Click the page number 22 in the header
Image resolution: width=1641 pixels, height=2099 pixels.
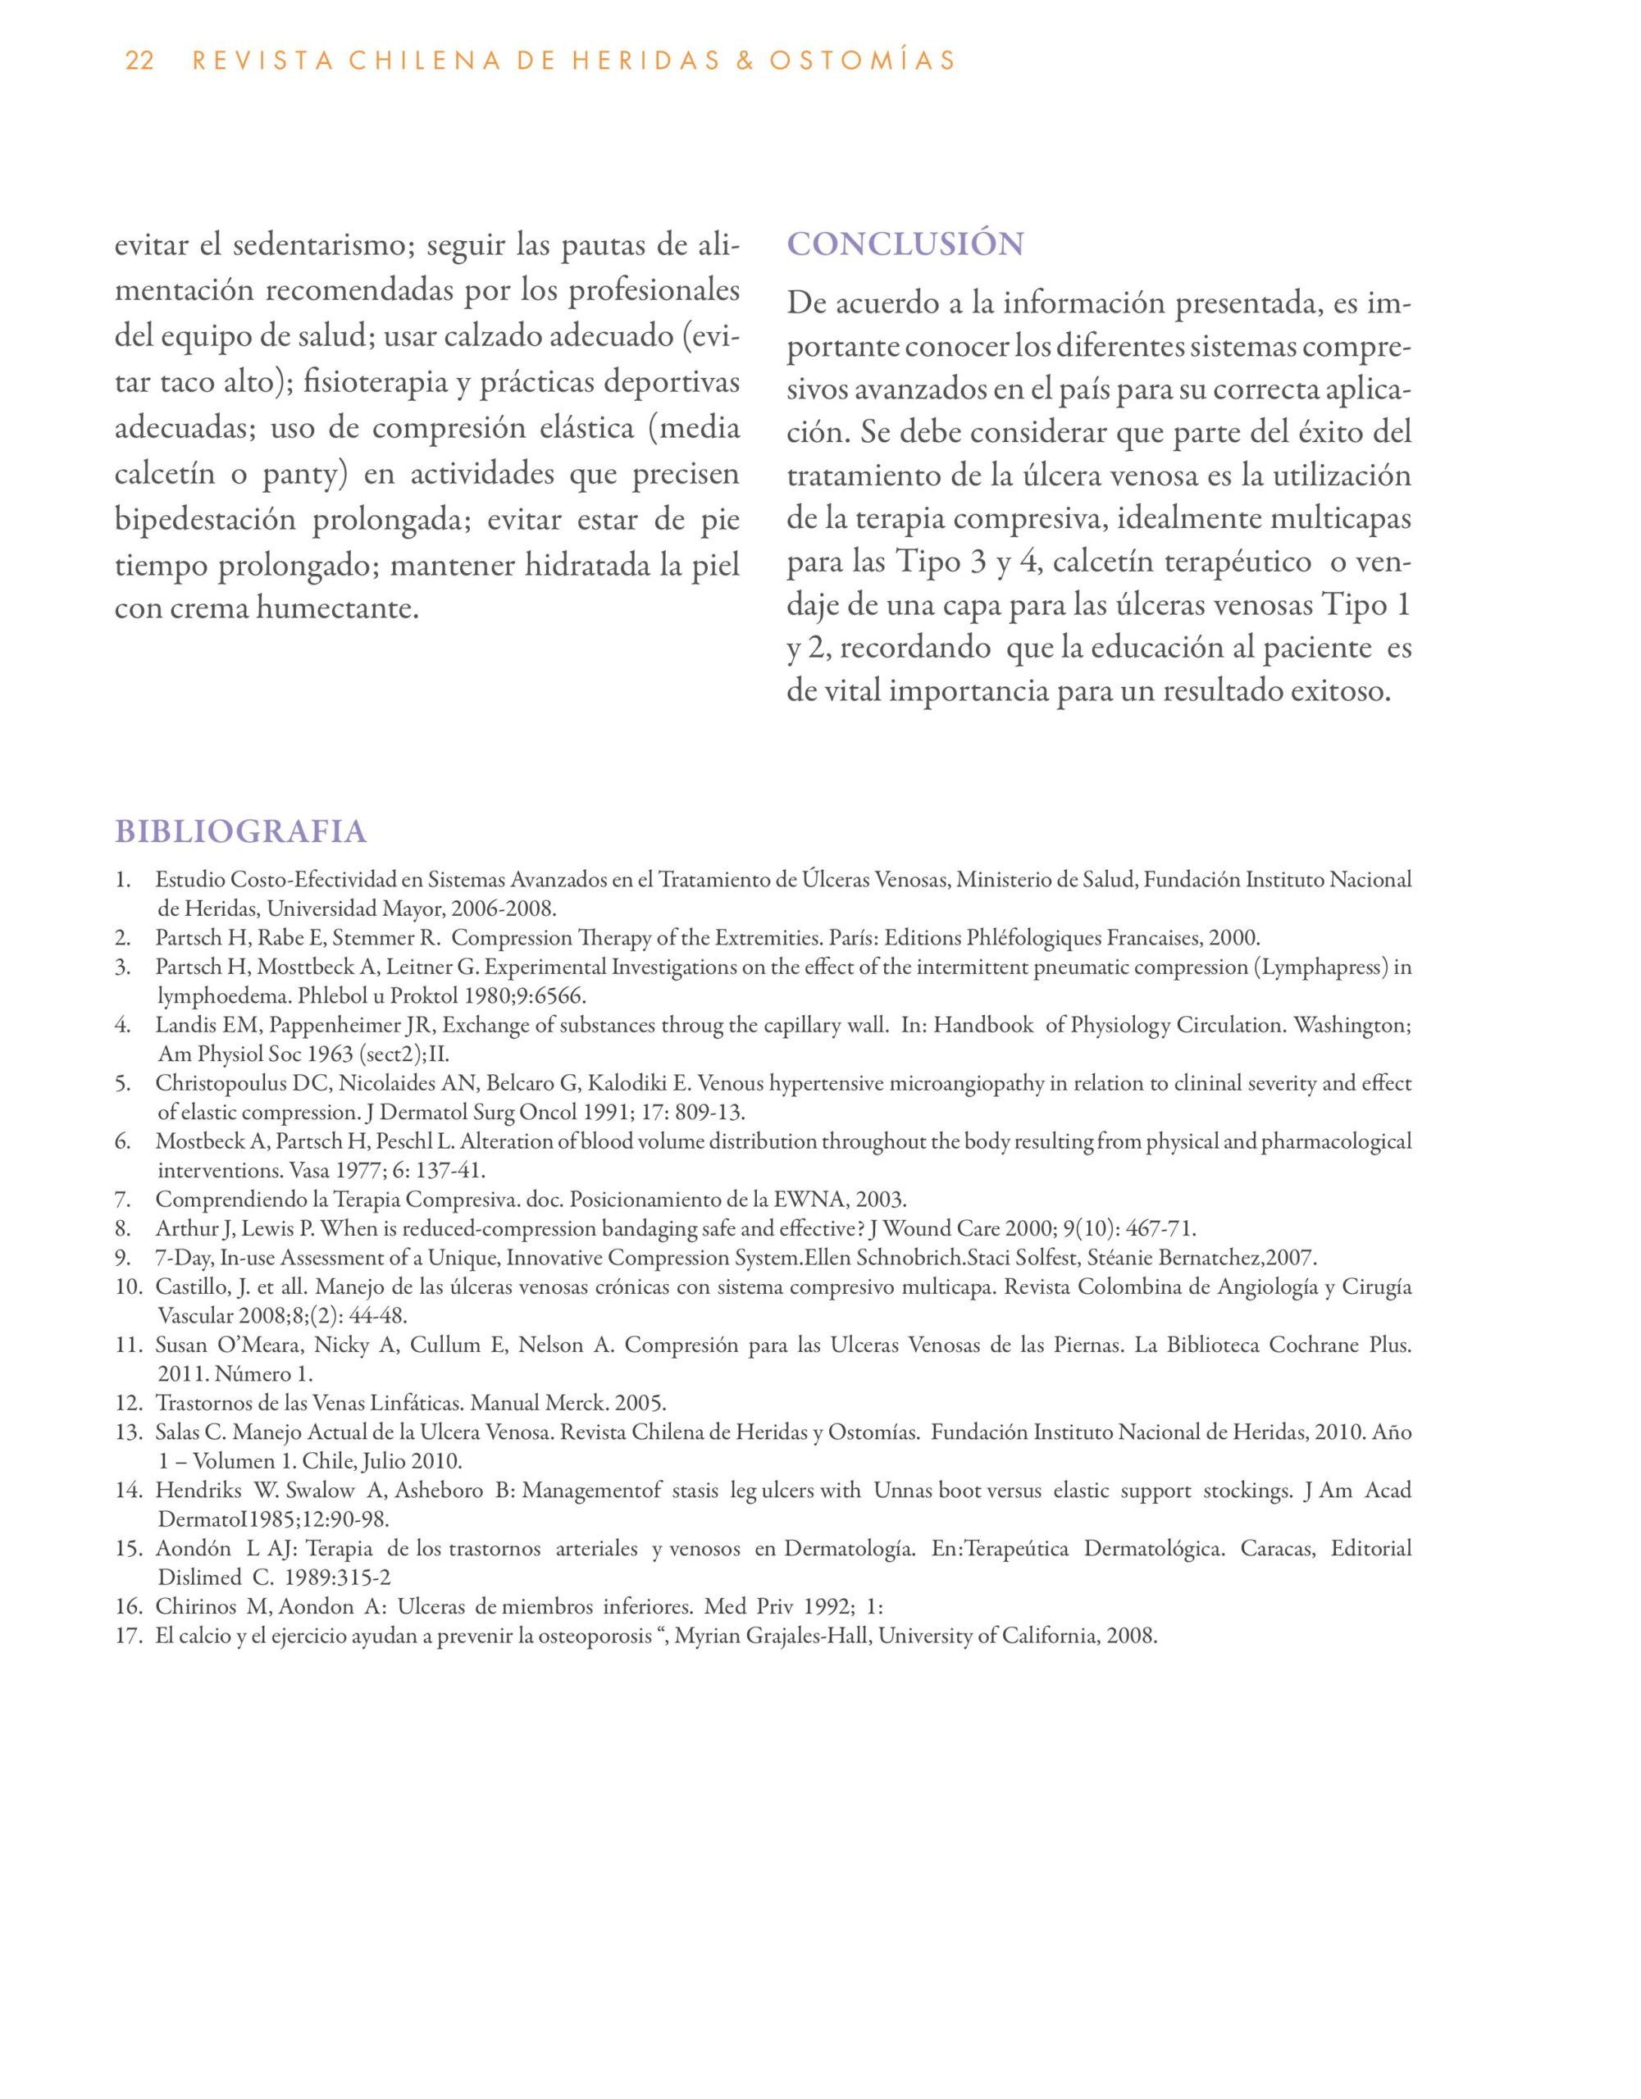click(x=139, y=61)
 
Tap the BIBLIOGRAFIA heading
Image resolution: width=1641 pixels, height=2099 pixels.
click(x=240, y=831)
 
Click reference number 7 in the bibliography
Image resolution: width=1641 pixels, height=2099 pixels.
click(x=122, y=1200)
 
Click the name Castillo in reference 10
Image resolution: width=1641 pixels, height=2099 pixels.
click(x=189, y=1287)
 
